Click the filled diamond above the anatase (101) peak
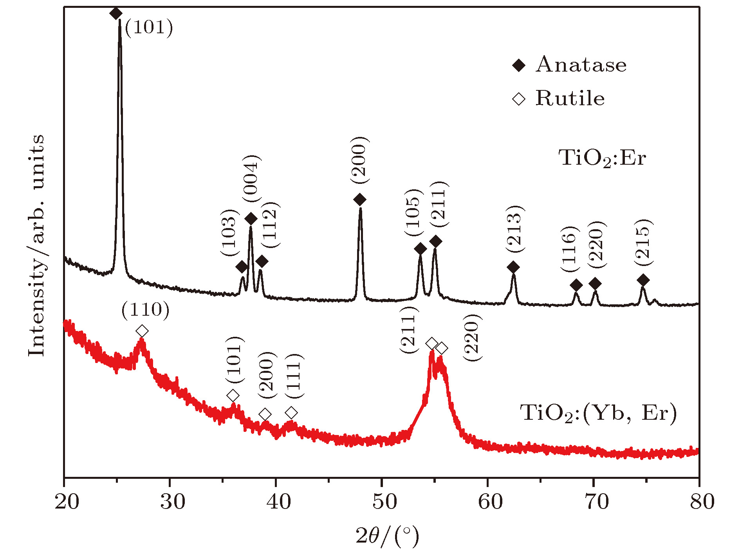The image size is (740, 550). [116, 13]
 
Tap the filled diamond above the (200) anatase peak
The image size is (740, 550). [360, 200]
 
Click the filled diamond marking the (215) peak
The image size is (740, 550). [643, 280]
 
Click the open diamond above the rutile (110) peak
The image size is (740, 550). [142, 331]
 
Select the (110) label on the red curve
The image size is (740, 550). [145, 310]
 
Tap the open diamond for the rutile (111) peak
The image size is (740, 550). [291, 412]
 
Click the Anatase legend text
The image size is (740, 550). [581, 65]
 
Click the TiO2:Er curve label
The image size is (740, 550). [602, 158]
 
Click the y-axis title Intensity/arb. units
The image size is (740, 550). [36, 245]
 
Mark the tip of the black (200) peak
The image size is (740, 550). [360, 208]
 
